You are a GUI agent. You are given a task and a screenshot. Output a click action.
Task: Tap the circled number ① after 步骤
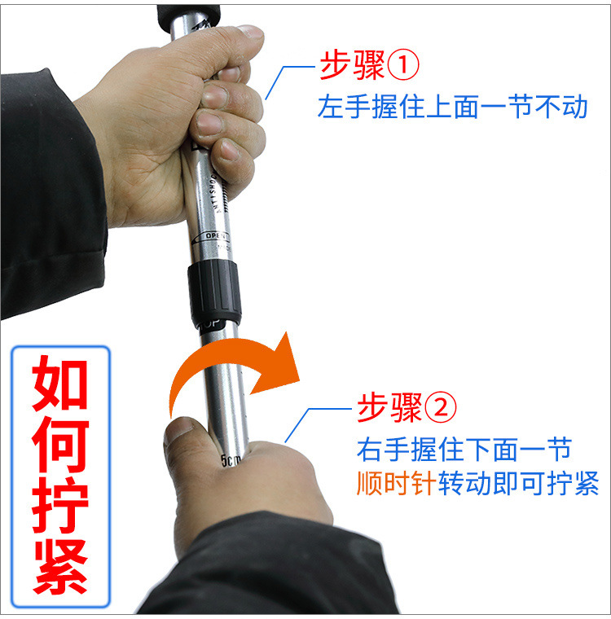(402, 67)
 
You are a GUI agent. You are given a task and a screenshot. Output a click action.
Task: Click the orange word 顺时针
(396, 484)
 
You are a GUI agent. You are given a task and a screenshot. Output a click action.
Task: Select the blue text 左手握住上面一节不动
(452, 107)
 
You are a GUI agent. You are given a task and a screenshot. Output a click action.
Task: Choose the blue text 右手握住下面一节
(464, 448)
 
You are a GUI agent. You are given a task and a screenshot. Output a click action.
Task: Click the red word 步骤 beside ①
(351, 67)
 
